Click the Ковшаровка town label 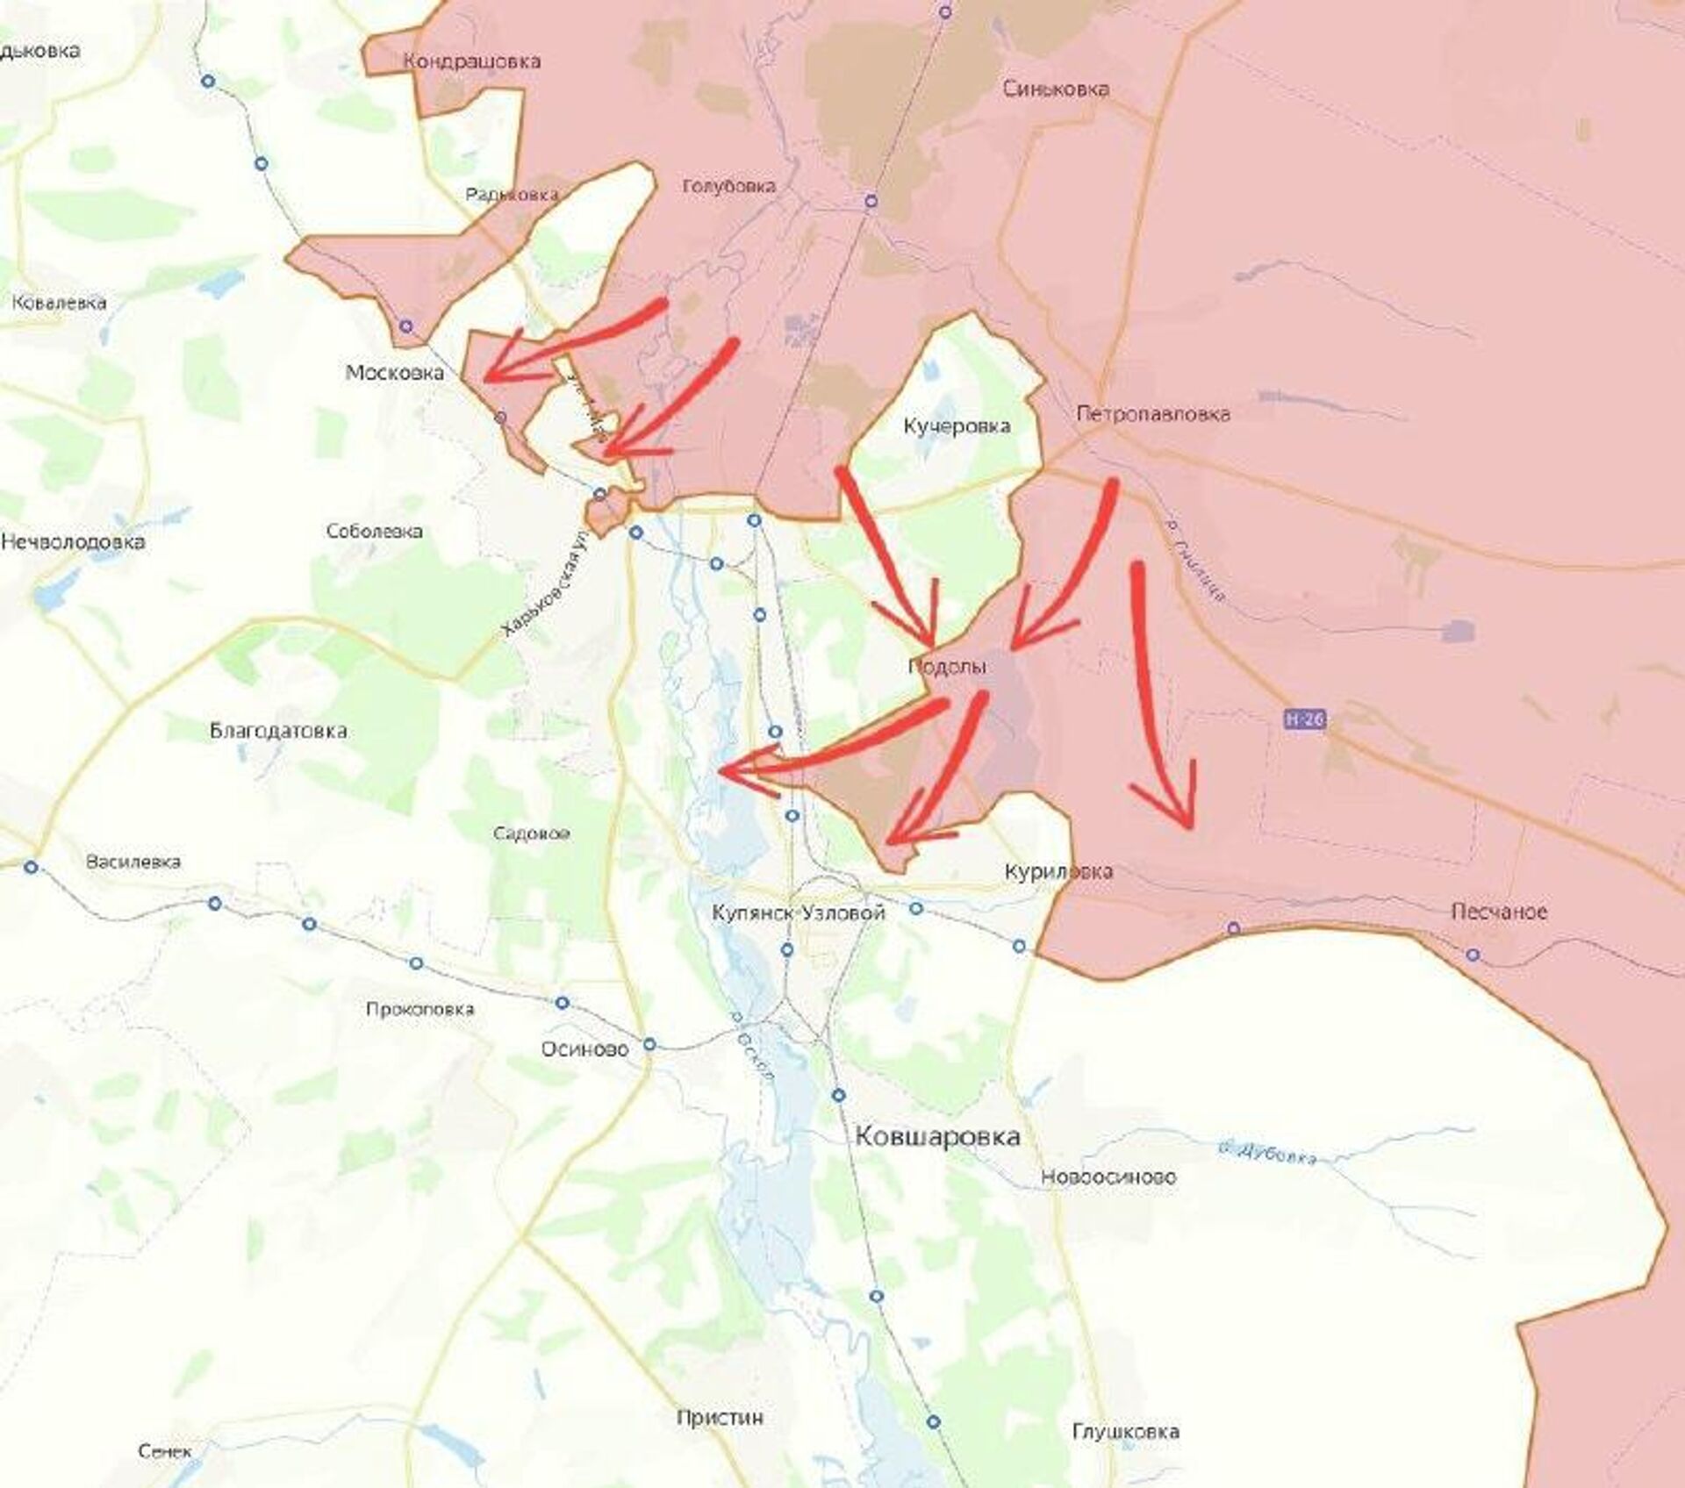click(937, 1137)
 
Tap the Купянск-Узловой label click(798, 913)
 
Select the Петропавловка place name click(1153, 413)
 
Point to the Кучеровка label click(957, 426)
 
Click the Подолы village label click(947, 667)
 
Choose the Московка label click(394, 373)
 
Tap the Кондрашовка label click(471, 61)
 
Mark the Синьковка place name click(1056, 89)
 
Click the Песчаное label click(1499, 912)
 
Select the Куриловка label click(1058, 871)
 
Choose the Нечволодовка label click(73, 542)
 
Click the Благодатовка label click(278, 731)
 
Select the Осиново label click(584, 1050)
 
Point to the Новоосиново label click(1108, 1177)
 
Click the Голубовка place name click(728, 186)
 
